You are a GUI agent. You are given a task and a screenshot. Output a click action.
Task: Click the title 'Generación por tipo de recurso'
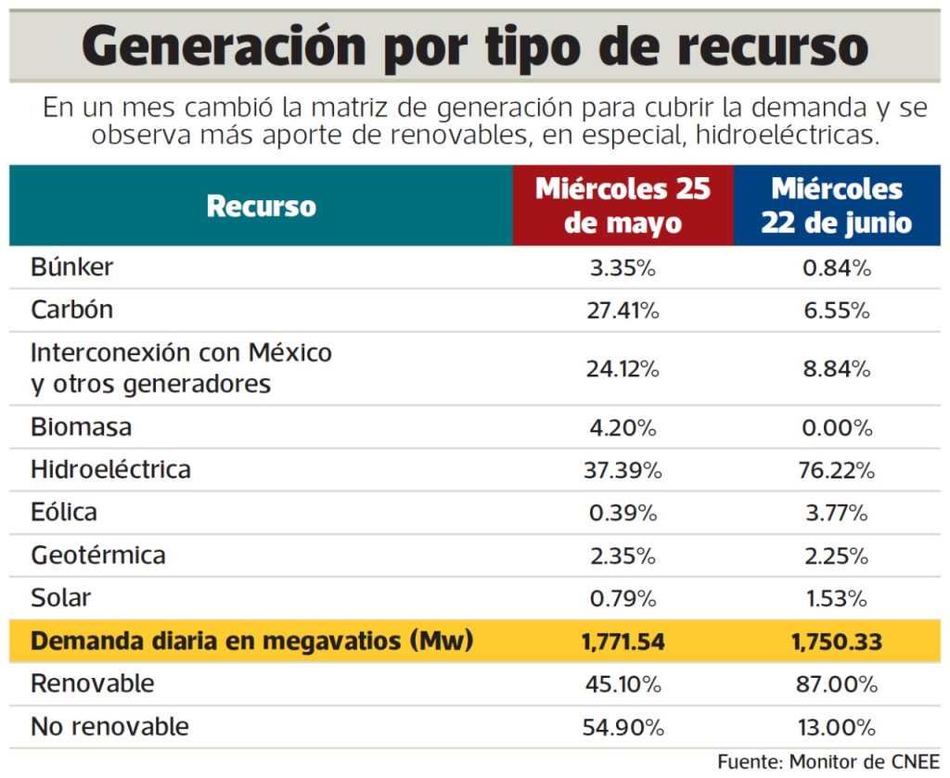(x=474, y=47)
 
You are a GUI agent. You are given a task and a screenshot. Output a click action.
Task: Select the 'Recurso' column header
(x=261, y=206)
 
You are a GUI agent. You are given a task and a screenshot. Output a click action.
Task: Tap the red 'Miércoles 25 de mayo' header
(x=623, y=206)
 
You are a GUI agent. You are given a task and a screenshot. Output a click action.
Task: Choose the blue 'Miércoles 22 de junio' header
(x=836, y=206)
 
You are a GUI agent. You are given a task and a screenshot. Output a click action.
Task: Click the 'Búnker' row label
(x=72, y=267)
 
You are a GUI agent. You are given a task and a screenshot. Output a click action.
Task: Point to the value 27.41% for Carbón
(x=623, y=311)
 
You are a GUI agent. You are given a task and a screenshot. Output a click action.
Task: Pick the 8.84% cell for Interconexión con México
(x=836, y=369)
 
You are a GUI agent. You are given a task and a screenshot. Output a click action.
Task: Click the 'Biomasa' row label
(x=82, y=427)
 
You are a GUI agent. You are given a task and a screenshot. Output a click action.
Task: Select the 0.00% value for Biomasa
(x=836, y=428)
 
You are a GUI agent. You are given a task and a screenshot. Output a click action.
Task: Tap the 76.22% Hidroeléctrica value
(x=836, y=470)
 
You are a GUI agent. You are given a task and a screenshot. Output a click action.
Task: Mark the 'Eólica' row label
(x=64, y=512)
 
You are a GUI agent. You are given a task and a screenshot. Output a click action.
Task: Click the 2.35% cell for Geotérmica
(x=623, y=555)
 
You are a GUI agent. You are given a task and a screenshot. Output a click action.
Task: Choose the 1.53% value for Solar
(x=836, y=598)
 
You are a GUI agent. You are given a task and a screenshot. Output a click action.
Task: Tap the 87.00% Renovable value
(x=836, y=684)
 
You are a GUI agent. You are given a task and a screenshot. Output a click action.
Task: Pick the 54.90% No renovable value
(x=623, y=727)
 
